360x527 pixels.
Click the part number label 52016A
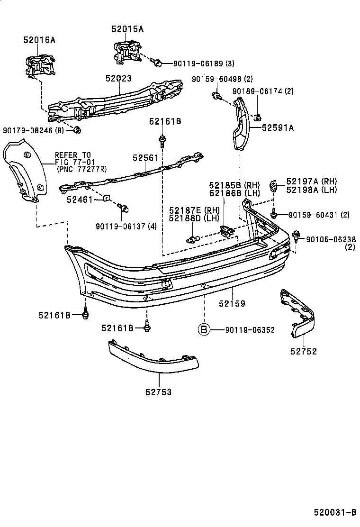click(x=39, y=40)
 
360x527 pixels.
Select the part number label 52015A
click(x=127, y=29)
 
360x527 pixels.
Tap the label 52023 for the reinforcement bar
click(x=118, y=79)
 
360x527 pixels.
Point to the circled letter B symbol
click(x=203, y=330)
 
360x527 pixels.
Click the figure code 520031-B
click(x=334, y=512)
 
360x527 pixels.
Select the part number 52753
click(x=159, y=392)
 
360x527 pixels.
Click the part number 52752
click(x=304, y=351)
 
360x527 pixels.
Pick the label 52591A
click(x=278, y=127)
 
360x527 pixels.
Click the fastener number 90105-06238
click(x=330, y=240)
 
